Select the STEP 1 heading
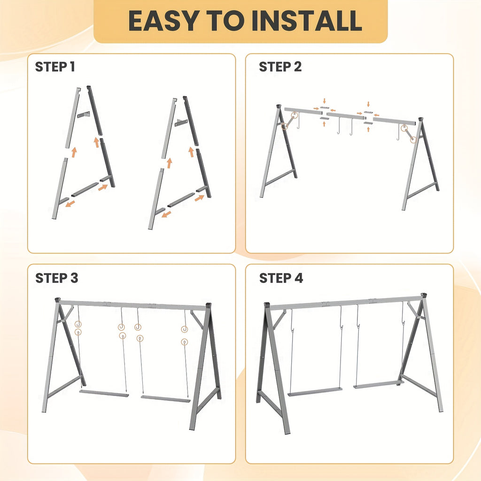coord(55,67)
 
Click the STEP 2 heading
coord(280,67)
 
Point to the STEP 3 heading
coord(56,278)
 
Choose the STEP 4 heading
coord(281,278)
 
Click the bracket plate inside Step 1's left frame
coord(84,115)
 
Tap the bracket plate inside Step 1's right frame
coord(181,123)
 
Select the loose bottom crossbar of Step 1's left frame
coord(85,189)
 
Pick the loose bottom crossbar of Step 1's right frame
coord(181,200)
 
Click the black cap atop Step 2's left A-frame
coord(279,107)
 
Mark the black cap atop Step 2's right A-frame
coord(420,120)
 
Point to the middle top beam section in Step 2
coord(345,116)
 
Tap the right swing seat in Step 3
coord(165,399)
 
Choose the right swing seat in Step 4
coord(378,384)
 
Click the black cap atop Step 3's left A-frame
coord(58,299)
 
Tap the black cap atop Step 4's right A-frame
coord(424,295)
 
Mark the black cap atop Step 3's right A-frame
coord(209,305)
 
